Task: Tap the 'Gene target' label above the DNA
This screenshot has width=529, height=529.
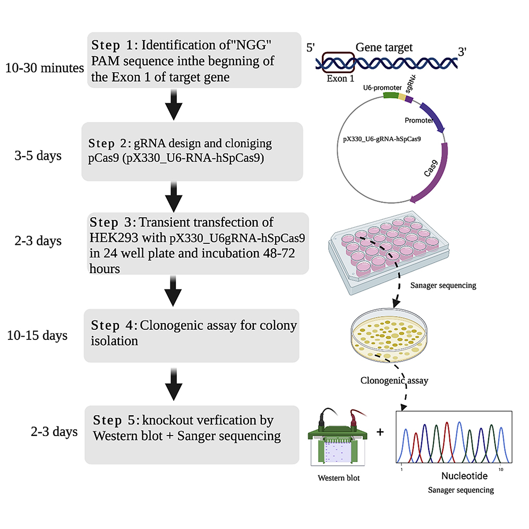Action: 384,48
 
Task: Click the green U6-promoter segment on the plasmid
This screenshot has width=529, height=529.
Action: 390,96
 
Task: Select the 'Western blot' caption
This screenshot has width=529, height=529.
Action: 338,478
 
